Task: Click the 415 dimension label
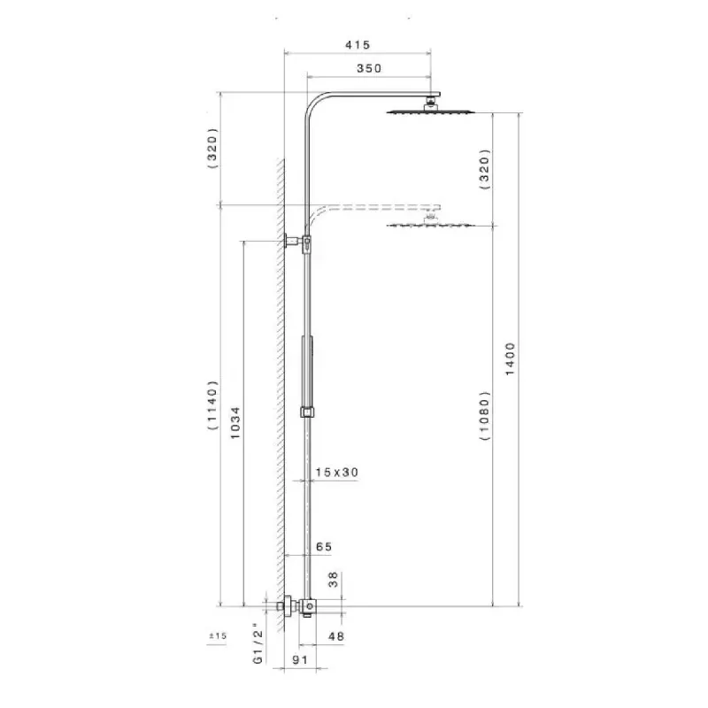(x=358, y=45)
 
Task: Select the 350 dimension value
(x=369, y=68)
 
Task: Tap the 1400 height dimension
(x=510, y=359)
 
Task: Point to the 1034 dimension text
(x=235, y=423)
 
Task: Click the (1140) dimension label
(x=212, y=405)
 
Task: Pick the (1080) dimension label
(x=484, y=416)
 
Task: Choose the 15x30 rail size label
(x=337, y=473)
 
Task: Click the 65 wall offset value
(x=324, y=547)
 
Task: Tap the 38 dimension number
(x=334, y=580)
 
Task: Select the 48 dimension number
(x=336, y=636)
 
